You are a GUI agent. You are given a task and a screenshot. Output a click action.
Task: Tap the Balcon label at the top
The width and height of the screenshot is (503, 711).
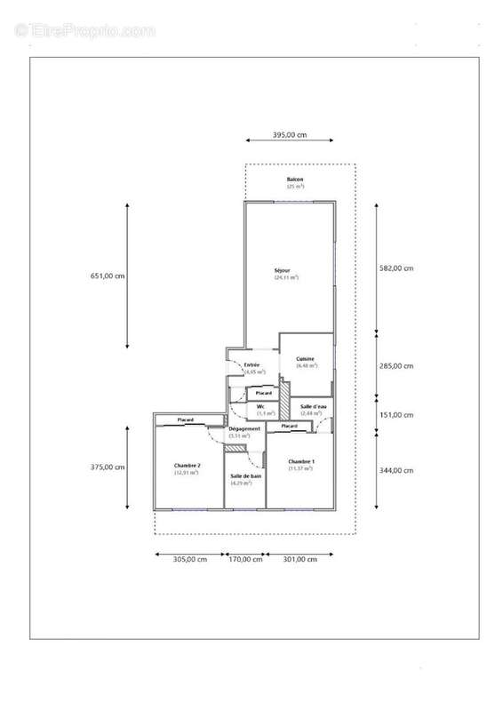tap(295, 180)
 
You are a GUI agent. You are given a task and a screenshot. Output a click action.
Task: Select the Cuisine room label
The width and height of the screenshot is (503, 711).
tap(306, 359)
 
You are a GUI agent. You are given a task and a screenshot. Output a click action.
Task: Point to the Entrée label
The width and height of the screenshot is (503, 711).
tap(251, 364)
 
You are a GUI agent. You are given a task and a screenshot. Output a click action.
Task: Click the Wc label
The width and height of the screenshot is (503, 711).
tap(261, 406)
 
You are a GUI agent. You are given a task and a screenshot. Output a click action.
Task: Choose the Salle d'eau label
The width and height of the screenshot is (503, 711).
tap(313, 406)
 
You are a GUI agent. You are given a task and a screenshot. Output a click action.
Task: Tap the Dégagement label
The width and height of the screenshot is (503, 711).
tap(244, 429)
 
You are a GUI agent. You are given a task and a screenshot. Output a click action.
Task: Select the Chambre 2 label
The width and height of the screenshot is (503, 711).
tap(187, 466)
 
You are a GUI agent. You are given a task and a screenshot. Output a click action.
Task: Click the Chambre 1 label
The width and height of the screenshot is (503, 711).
tap(300, 462)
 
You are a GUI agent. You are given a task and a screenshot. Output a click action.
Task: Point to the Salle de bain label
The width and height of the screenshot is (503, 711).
tap(245, 476)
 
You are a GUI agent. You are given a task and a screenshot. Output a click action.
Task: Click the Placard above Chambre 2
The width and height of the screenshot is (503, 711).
tap(186, 419)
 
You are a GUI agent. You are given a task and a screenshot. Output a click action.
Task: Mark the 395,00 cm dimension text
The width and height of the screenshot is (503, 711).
tap(289, 135)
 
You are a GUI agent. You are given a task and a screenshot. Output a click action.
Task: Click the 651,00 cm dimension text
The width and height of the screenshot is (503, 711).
tap(108, 276)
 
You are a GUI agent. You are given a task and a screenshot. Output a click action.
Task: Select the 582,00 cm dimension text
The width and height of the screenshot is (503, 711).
tap(396, 268)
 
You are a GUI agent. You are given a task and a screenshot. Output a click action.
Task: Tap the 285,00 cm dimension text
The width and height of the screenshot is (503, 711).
tap(396, 365)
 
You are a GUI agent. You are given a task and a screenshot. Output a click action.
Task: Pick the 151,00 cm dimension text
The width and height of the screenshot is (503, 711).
tap(396, 414)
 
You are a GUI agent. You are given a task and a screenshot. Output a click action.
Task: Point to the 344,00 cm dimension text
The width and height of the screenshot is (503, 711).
tap(396, 470)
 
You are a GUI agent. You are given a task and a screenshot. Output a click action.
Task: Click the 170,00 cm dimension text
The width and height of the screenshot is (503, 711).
tap(245, 559)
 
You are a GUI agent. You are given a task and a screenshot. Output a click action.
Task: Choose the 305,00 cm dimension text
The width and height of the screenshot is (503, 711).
tap(189, 559)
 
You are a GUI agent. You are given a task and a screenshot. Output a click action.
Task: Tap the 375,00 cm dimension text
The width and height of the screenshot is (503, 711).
tap(108, 467)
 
